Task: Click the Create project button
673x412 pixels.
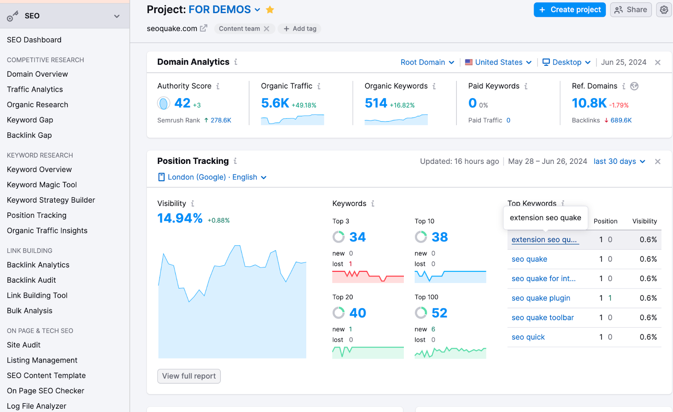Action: pyautogui.click(x=570, y=10)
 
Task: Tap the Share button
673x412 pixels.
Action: pyautogui.click(x=631, y=10)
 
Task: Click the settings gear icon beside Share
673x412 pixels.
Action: pyautogui.click(x=664, y=10)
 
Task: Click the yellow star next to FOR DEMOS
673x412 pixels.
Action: pyautogui.click(x=270, y=10)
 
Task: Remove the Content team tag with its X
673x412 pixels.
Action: pyautogui.click(x=267, y=29)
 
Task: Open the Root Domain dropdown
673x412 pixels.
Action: pyautogui.click(x=427, y=62)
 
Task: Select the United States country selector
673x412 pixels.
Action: pyautogui.click(x=498, y=62)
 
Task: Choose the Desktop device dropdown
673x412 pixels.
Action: pyautogui.click(x=566, y=62)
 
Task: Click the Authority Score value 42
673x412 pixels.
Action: pyautogui.click(x=183, y=103)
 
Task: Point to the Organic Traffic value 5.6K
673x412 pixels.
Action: pyautogui.click(x=275, y=103)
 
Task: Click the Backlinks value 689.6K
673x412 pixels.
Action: pyautogui.click(x=621, y=120)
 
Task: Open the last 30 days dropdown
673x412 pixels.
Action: pyautogui.click(x=619, y=161)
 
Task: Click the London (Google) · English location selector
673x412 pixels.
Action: pyautogui.click(x=212, y=177)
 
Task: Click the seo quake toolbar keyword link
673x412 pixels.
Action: pyautogui.click(x=543, y=318)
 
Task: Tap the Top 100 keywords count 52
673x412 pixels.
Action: pyautogui.click(x=439, y=313)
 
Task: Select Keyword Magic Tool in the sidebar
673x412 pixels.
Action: pyautogui.click(x=42, y=185)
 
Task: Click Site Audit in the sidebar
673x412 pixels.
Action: pyautogui.click(x=24, y=345)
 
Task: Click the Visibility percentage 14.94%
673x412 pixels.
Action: pyautogui.click(x=180, y=218)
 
